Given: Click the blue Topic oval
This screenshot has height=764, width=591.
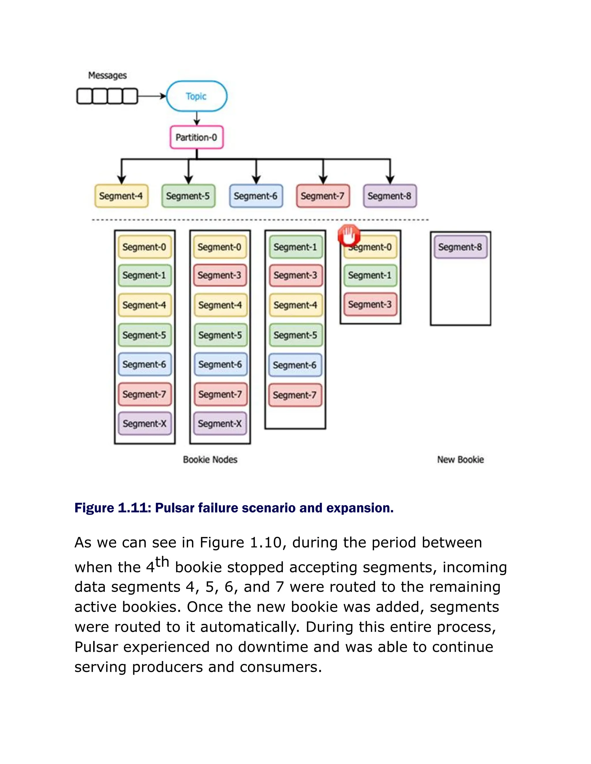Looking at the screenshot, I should click(197, 96).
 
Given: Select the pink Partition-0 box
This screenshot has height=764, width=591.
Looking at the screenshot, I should click(197, 137).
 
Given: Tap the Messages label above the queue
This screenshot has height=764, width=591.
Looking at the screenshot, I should click(107, 75).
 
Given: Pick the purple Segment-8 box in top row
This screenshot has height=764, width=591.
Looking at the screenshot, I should click(390, 196).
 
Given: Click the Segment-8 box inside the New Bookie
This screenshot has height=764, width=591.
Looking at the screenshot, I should click(460, 247).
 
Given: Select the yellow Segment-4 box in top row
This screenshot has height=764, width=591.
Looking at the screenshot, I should click(121, 196).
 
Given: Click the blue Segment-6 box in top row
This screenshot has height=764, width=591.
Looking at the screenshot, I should click(256, 196).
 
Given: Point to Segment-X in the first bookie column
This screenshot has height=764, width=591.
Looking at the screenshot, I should click(144, 424).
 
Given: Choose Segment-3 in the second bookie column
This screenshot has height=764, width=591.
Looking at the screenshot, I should click(220, 275).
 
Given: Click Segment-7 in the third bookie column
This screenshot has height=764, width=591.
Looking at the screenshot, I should click(295, 395).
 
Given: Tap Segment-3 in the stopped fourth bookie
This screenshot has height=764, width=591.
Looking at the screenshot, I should click(370, 304).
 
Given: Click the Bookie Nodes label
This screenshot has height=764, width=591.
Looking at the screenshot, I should click(210, 460).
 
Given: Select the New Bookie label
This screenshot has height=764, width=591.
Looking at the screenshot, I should click(460, 460).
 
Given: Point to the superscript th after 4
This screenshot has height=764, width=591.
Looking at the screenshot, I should click(162, 562).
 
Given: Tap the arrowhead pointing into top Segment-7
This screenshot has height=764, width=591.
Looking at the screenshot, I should click(323, 180).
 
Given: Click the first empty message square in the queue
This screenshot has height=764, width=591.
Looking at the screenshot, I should click(84, 96).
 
